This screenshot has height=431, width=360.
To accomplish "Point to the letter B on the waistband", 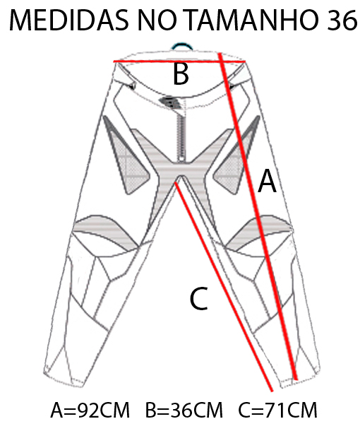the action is click(181, 74).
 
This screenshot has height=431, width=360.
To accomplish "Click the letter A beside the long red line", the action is click(267, 182).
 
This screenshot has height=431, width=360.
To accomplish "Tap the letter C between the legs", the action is click(199, 299).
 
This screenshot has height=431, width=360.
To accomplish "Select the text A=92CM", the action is click(90, 410).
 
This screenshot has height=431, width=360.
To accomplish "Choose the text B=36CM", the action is click(184, 410).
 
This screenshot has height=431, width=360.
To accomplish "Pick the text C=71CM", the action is click(277, 410).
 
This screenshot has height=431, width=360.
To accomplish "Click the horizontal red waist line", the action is click(179, 61).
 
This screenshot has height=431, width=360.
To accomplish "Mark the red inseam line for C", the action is click(224, 287).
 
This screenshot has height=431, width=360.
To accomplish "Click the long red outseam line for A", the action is click(258, 216).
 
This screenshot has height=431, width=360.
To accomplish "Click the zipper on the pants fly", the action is click(181, 138).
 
